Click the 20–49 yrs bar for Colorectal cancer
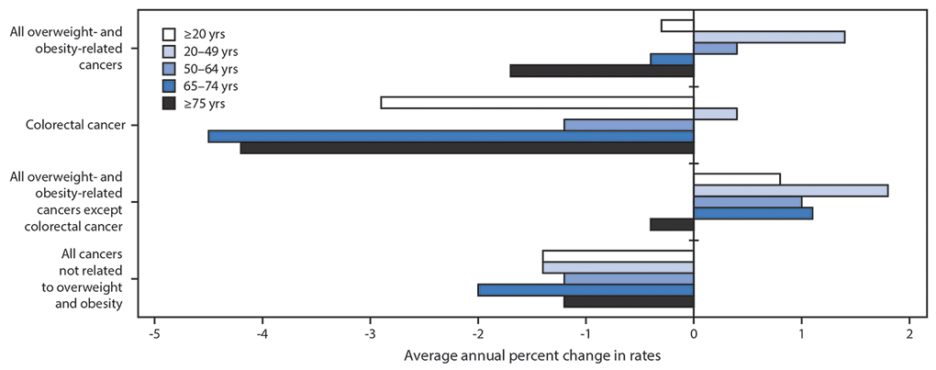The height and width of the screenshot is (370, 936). click(715, 114)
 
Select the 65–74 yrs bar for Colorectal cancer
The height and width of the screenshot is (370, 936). click(451, 137)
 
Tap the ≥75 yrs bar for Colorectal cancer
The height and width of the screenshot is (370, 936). click(466, 148)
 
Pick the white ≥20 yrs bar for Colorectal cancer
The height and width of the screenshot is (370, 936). click(537, 102)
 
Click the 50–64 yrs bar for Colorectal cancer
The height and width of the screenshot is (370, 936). click(629, 125)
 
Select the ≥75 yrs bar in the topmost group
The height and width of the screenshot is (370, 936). click(601, 71)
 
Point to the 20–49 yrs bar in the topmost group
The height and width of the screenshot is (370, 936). click(769, 37)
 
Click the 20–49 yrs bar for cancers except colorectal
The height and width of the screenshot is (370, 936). click(790, 191)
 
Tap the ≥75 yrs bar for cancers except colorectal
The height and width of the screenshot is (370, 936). click(671, 225)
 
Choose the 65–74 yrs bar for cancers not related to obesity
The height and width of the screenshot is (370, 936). click(585, 290)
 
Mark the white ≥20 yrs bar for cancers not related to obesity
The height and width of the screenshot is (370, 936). click(618, 256)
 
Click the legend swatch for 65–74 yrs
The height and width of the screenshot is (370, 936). click(169, 85)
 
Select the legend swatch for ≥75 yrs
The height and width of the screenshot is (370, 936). click(169, 103)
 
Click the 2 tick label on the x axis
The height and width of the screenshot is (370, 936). click(909, 334)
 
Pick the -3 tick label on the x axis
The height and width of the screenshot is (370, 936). click(370, 334)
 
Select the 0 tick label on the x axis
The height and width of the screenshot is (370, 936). click(694, 334)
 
